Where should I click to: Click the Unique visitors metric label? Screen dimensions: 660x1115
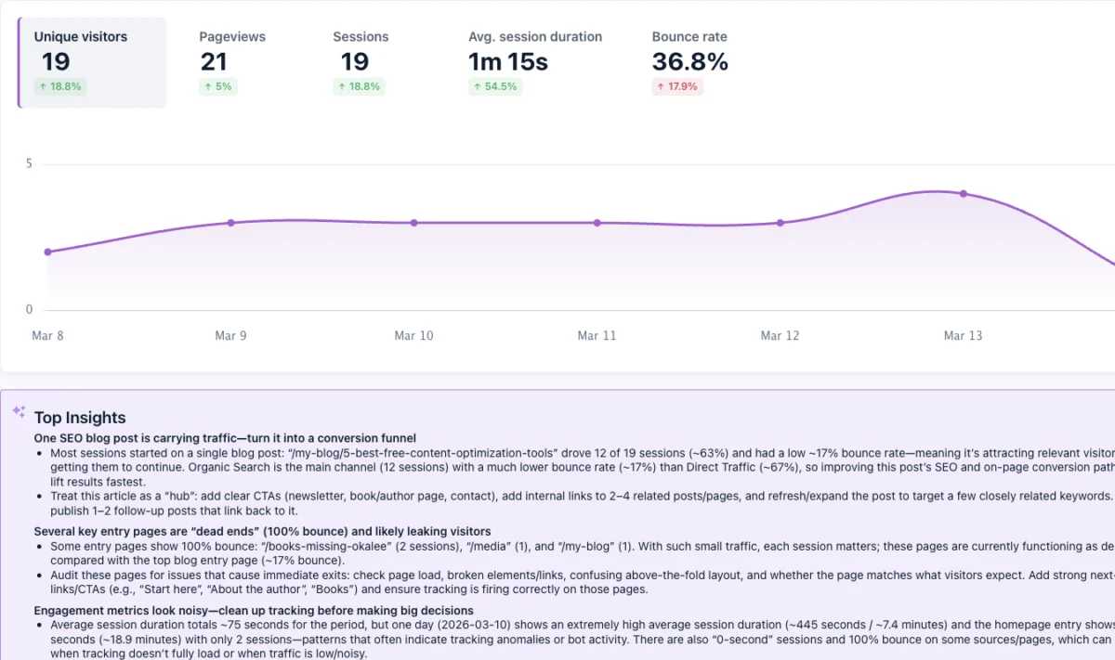[x=81, y=37]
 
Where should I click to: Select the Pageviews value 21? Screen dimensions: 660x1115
[x=214, y=62]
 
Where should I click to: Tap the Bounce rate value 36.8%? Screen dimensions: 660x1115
[x=689, y=62]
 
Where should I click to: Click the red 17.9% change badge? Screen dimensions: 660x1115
[x=677, y=86]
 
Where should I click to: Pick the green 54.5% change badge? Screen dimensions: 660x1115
[x=495, y=86]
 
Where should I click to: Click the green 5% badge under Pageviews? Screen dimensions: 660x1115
[x=218, y=86]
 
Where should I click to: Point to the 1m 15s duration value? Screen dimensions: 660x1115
[x=507, y=62]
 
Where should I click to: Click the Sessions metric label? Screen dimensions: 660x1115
[x=361, y=37]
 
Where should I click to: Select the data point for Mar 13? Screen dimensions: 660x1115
[x=964, y=194]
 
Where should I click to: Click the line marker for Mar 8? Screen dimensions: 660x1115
[x=48, y=252]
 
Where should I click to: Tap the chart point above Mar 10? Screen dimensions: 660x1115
[x=414, y=223]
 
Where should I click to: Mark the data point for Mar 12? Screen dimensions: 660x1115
[x=780, y=223]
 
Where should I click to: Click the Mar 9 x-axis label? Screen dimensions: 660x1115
[x=230, y=336]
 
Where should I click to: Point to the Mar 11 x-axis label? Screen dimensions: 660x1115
[x=597, y=336]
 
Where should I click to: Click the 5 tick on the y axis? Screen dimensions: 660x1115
[x=29, y=164]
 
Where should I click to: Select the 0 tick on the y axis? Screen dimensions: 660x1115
[x=29, y=310]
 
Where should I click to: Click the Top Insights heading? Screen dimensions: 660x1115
[x=80, y=418]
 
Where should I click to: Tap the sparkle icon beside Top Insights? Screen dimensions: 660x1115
[x=19, y=411]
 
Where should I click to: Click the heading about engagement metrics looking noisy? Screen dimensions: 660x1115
[x=254, y=611]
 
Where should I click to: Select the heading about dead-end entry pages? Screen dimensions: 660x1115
[x=262, y=532]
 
